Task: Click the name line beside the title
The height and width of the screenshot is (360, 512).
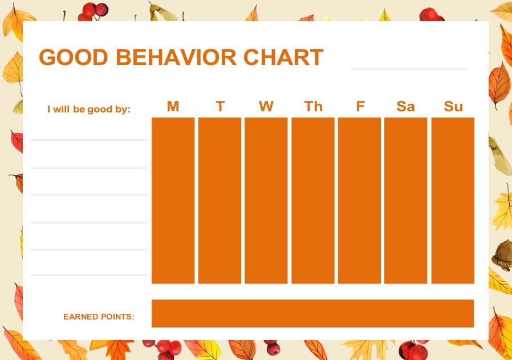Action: pos(409,68)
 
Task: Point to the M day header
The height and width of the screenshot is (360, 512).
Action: pos(173,107)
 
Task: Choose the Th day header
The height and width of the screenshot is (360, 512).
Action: pos(313,107)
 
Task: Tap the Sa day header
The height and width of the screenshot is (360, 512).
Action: pos(405,107)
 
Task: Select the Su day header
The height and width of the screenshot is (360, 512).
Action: pos(453,107)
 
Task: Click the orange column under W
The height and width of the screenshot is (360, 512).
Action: pos(266,200)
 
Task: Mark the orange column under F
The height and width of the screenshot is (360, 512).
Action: pos(359,200)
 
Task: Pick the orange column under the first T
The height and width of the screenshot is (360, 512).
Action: pos(220,200)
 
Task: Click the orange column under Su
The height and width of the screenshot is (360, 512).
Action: pos(453,200)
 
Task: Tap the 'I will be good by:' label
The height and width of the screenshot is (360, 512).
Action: pos(89,109)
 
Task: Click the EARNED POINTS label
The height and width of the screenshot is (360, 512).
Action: pos(99,316)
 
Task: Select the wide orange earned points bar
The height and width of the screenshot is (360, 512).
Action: pos(312,313)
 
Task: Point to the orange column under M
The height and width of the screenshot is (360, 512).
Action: pos(173,200)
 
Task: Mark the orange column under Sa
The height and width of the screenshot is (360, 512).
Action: pos(405,200)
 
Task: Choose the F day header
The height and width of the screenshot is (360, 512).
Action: pos(360,107)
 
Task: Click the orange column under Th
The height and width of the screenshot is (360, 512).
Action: pos(313,200)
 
